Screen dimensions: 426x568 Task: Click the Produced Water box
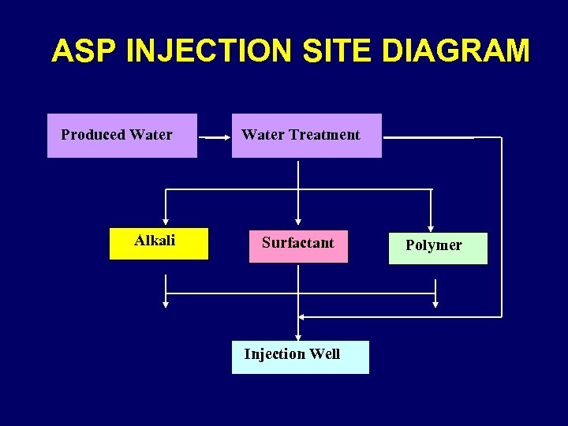coord(122,136)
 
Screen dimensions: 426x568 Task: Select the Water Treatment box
coord(306,136)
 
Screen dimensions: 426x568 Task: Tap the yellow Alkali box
coord(159,244)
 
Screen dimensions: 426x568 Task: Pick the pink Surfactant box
coord(298,246)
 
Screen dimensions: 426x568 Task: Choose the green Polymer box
coord(438,248)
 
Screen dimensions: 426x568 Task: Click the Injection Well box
coord(300,357)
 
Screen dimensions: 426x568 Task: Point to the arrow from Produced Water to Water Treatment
coord(214,137)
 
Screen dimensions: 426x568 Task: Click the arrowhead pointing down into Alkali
coord(166,222)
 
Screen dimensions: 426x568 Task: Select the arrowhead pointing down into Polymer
coord(431,225)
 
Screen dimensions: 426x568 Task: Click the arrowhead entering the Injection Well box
coord(298,336)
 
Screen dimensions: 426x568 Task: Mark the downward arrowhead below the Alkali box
coord(166,302)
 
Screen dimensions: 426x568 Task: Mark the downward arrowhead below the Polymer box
coord(435,303)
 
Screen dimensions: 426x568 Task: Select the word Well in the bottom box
coord(324,354)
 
